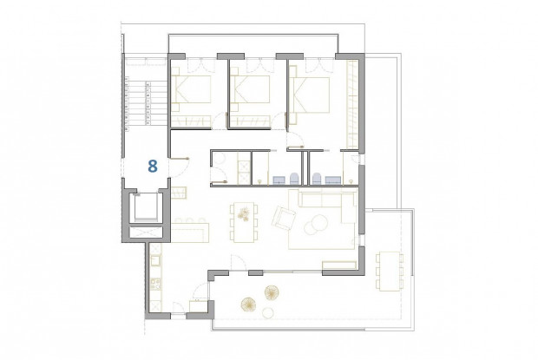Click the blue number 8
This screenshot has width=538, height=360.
coord(153,165)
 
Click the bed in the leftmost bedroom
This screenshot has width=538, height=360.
coord(195,92)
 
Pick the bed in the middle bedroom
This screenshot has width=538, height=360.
coord(252,92)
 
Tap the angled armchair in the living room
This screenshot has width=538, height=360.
coord(284,219)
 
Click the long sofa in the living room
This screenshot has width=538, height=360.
coord(327,202)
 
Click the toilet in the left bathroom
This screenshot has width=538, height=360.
coord(294,179)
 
